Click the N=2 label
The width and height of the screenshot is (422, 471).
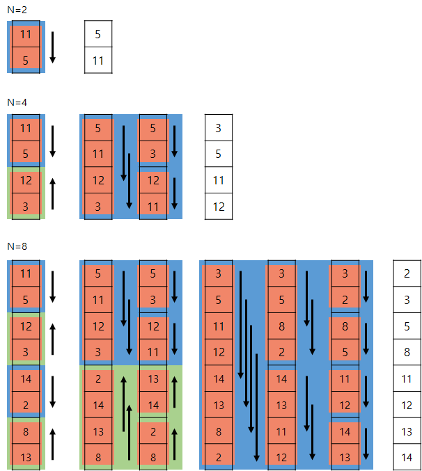coord(17,9)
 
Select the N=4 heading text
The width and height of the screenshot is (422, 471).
coord(17,102)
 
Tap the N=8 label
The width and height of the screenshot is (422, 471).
coord(17,246)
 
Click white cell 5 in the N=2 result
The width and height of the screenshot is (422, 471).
coord(98,34)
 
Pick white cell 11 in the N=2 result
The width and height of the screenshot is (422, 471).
coord(98,61)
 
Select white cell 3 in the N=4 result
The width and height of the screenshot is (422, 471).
coord(218,128)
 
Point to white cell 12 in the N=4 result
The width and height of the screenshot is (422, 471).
coord(218,207)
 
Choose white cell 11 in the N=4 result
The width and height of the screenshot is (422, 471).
coord(218,180)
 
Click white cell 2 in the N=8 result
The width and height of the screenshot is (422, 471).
coord(407,273)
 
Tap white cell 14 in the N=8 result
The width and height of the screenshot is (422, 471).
coord(407,457)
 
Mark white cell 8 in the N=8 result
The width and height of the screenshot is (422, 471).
coord(407,352)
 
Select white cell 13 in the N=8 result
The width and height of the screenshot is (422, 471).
coord(407,431)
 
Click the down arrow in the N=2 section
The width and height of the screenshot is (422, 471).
coord(52,47)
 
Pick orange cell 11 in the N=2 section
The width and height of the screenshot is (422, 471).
coord(26,34)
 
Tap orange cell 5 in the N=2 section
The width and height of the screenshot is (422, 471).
coord(26,61)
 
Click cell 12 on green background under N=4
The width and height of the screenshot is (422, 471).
coord(26,180)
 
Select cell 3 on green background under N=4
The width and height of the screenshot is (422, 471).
coord(26,207)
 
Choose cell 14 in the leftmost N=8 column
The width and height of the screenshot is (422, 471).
coord(26,378)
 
